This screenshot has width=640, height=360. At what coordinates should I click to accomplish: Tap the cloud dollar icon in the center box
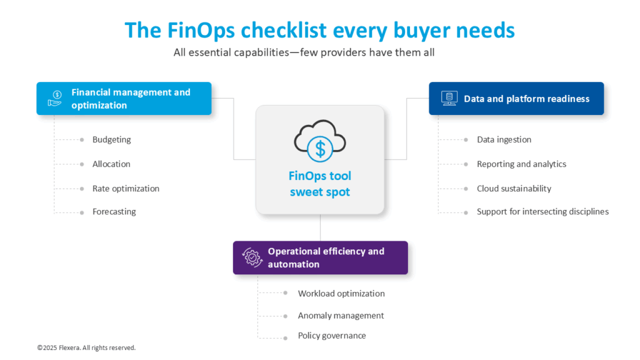[x=320, y=143]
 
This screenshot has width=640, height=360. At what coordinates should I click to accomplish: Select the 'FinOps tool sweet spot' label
[x=319, y=184]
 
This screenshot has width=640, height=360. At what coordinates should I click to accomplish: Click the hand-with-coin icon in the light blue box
[x=56, y=99]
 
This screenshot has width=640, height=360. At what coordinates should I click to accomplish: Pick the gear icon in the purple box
[x=252, y=257]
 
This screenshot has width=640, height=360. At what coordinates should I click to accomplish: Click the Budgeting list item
[x=111, y=139]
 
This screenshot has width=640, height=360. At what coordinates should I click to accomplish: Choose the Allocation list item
[x=111, y=164]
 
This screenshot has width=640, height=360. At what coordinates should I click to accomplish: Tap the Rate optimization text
[x=126, y=188]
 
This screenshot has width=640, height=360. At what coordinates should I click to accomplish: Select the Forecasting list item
[x=114, y=211]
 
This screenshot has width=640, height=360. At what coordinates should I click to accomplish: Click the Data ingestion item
[x=504, y=139]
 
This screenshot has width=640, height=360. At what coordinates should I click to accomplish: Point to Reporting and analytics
[x=521, y=164]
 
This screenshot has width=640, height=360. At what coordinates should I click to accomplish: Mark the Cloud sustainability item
[x=514, y=188]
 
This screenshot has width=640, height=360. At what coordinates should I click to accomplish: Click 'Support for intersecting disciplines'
[x=542, y=211]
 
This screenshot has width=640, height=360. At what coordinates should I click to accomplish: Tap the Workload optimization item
[x=341, y=293]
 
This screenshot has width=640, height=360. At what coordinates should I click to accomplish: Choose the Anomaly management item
[x=341, y=316]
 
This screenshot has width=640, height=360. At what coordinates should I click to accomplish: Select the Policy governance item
[x=332, y=336]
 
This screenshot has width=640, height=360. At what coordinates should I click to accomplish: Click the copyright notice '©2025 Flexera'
[x=86, y=347]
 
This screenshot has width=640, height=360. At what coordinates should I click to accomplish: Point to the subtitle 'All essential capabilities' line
[x=304, y=52]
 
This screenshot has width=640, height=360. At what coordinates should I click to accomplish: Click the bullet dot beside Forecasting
[x=82, y=212]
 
